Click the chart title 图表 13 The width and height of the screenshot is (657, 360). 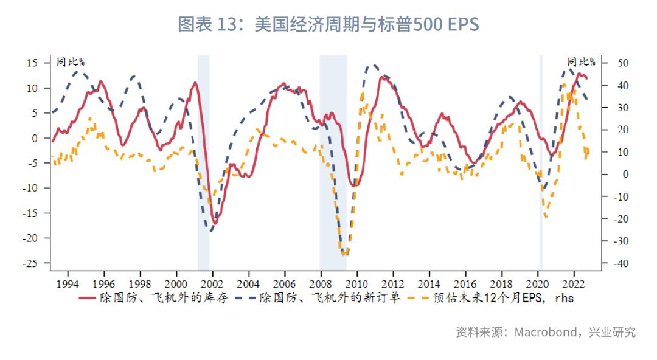click(328, 24)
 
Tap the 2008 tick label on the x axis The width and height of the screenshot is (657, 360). click(320, 283)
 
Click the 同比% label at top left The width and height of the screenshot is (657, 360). click(71, 61)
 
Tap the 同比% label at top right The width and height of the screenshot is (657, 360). click(581, 61)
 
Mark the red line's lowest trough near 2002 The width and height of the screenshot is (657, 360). click(215, 223)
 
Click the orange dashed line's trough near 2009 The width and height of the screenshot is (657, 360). click(345, 254)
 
